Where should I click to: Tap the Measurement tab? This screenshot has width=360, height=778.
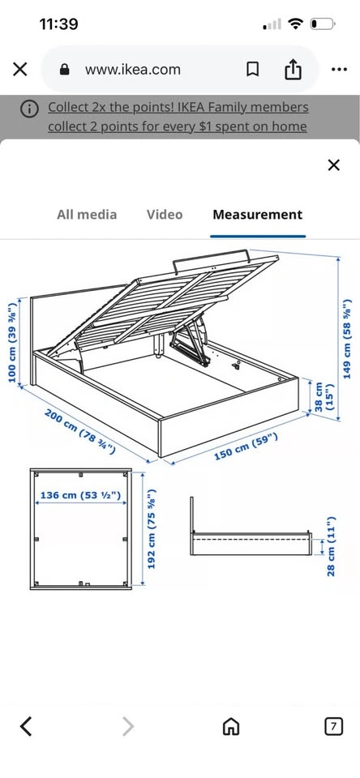[x=257, y=215]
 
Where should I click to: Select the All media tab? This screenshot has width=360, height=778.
[x=87, y=215]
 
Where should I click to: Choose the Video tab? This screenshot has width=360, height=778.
[x=165, y=215]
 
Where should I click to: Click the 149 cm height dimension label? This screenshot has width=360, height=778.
[x=348, y=339]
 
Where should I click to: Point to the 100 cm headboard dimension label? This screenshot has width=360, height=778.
[x=13, y=342]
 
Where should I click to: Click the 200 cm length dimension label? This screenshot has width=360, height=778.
[x=80, y=431]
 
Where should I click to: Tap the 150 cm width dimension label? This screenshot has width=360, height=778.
[x=246, y=446]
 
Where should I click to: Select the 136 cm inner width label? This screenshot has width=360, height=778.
[x=80, y=495]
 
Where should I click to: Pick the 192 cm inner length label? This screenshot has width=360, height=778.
[x=152, y=529]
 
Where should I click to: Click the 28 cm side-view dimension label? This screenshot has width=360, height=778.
[x=331, y=547]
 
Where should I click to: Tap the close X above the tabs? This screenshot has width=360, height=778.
[x=334, y=165]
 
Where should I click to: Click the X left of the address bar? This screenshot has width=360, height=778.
[x=19, y=70]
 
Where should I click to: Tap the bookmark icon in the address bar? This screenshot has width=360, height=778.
[x=253, y=70]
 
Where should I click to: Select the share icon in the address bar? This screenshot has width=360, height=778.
[x=293, y=69]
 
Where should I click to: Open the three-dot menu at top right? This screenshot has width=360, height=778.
[x=339, y=70]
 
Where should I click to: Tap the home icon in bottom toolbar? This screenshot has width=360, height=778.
[x=230, y=727]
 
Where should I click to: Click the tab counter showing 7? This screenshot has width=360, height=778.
[x=334, y=727]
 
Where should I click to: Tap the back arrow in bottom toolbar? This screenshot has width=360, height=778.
[x=26, y=727]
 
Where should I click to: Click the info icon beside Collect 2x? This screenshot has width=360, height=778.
[x=29, y=109]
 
